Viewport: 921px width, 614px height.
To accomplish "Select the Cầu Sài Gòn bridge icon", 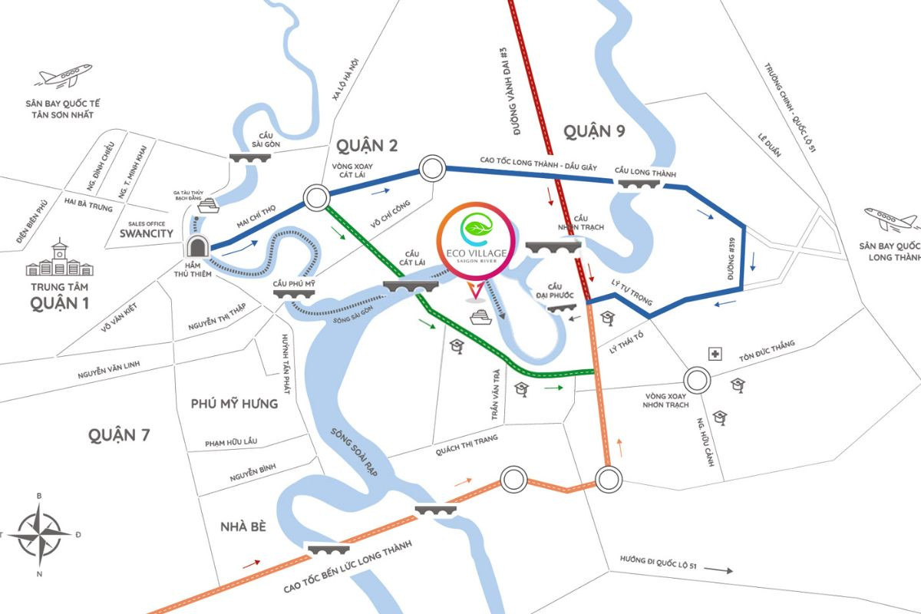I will click(x=250, y=156).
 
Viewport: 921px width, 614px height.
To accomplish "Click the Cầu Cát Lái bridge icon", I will click(x=411, y=286).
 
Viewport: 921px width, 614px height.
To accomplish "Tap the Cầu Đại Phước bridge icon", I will click(x=564, y=305).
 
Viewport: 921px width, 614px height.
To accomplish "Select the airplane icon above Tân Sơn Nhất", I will click(x=64, y=76).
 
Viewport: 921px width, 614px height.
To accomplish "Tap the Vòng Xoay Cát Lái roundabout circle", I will click(x=317, y=197).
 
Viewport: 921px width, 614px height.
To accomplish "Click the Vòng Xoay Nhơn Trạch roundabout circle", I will click(x=697, y=379).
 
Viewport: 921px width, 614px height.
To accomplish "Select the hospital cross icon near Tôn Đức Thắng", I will click(x=715, y=354).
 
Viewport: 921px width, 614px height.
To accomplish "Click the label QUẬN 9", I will click(x=594, y=132).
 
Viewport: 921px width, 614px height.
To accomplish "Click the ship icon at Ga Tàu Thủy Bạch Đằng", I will click(x=208, y=206).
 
